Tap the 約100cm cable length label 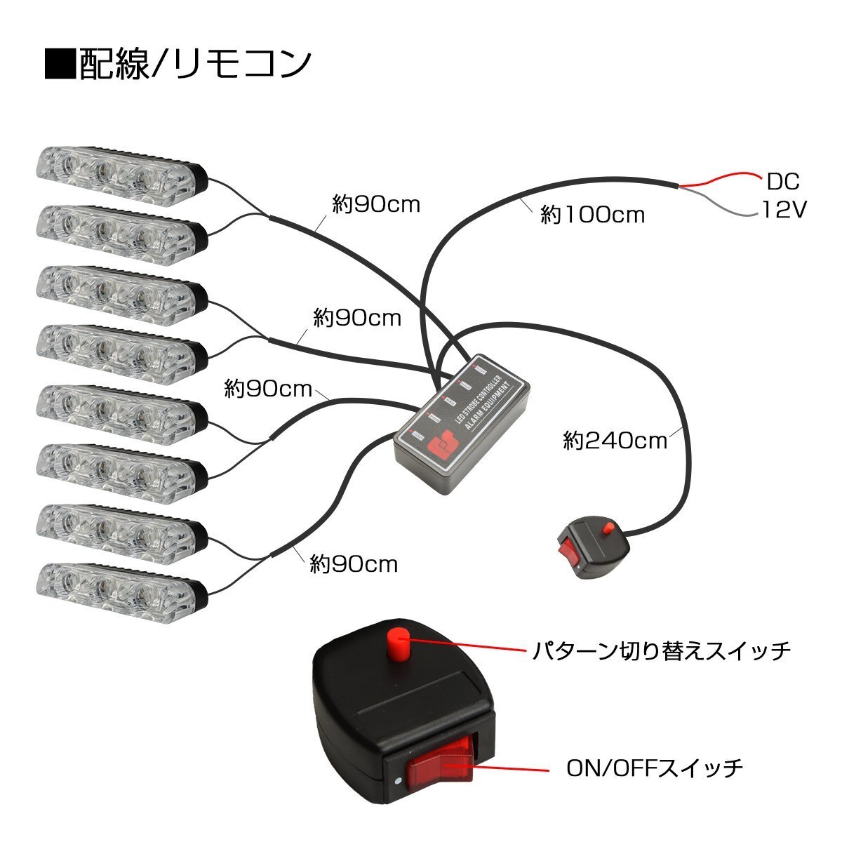(592, 214)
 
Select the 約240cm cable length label (615, 441)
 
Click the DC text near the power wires (782, 182)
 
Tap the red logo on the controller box (443, 445)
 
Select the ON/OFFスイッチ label (655, 768)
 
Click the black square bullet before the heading (60, 65)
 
